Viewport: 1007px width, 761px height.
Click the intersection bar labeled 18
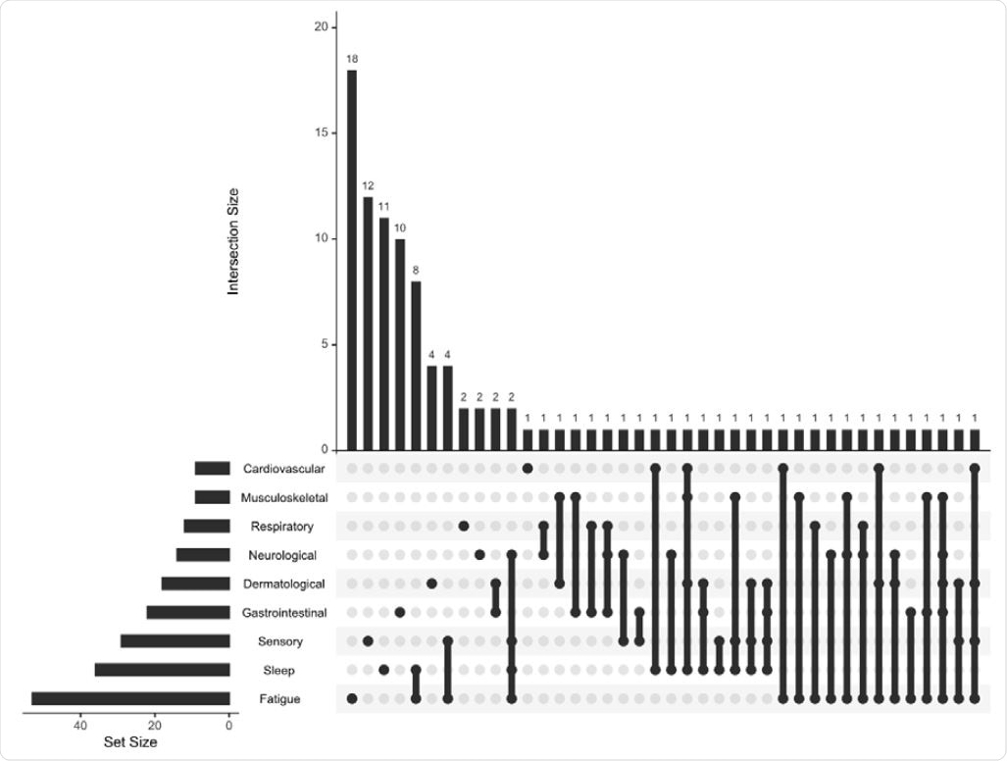tap(352, 260)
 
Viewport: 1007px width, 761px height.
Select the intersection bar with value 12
tap(368, 324)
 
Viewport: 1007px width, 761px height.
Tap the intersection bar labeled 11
tap(383, 333)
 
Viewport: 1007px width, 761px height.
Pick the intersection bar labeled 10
tap(400, 344)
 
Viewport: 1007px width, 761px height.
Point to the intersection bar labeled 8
tap(416, 366)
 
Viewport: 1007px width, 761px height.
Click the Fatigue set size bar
tap(130, 699)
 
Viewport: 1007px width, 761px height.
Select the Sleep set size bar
tap(162, 671)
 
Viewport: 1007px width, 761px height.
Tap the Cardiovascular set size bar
tap(212, 469)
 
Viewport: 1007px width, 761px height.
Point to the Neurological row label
tap(281, 555)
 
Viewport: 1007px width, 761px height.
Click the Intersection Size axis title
tap(233, 240)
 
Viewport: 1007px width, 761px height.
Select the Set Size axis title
tap(130, 743)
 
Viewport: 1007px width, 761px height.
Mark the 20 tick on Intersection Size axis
tap(321, 27)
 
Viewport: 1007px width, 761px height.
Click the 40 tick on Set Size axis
tap(79, 727)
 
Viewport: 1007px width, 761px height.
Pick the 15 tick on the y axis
tap(321, 133)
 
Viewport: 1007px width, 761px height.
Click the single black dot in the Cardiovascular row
tap(528, 469)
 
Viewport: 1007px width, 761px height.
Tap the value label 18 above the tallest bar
tap(352, 59)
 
